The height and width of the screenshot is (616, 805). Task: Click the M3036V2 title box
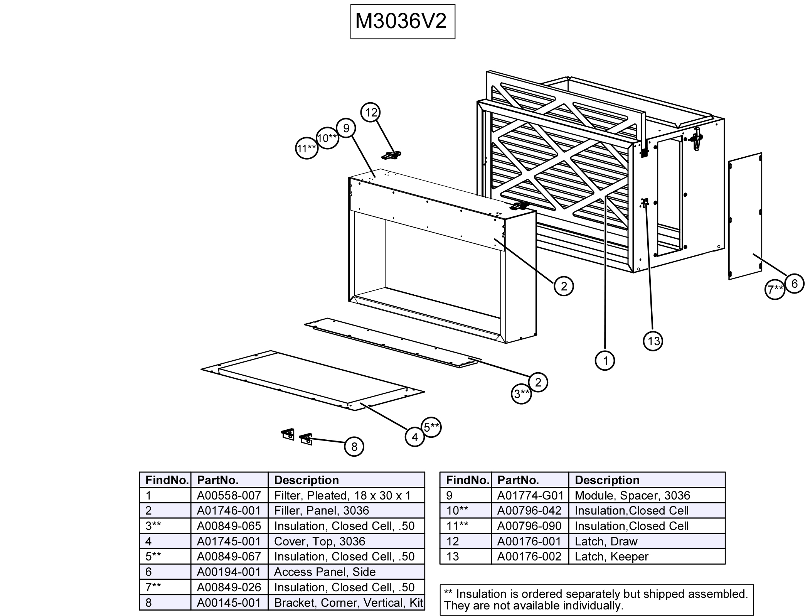402,22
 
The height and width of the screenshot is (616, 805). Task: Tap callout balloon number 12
371,113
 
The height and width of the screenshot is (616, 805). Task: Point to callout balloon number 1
605,361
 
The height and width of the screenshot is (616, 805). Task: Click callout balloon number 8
354,447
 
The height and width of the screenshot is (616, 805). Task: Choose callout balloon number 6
794,284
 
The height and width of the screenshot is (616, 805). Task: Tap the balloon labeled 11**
307,149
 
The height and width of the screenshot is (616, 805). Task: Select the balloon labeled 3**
521,394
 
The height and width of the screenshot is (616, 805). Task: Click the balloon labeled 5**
431,427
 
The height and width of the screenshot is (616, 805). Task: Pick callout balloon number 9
346,128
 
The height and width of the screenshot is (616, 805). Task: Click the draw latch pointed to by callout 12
391,155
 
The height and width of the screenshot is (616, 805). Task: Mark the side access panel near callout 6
745,216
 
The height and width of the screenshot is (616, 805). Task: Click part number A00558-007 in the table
229,495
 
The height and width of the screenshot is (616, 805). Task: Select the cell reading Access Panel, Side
325,572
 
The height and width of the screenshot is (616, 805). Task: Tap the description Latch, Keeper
611,556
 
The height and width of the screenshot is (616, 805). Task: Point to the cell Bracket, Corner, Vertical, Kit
348,602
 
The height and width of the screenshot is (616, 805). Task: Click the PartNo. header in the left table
218,480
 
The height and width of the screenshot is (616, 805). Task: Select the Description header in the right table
607,480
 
